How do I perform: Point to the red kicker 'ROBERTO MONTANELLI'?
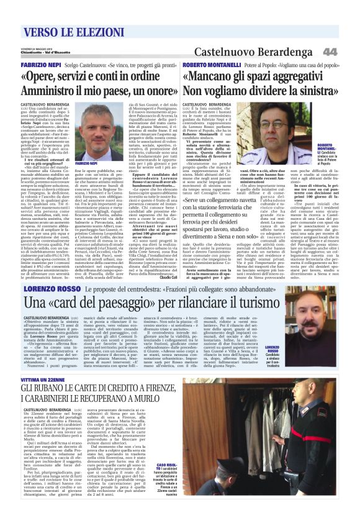click(x=208, y=65)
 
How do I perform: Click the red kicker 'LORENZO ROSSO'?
click(x=53, y=289)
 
